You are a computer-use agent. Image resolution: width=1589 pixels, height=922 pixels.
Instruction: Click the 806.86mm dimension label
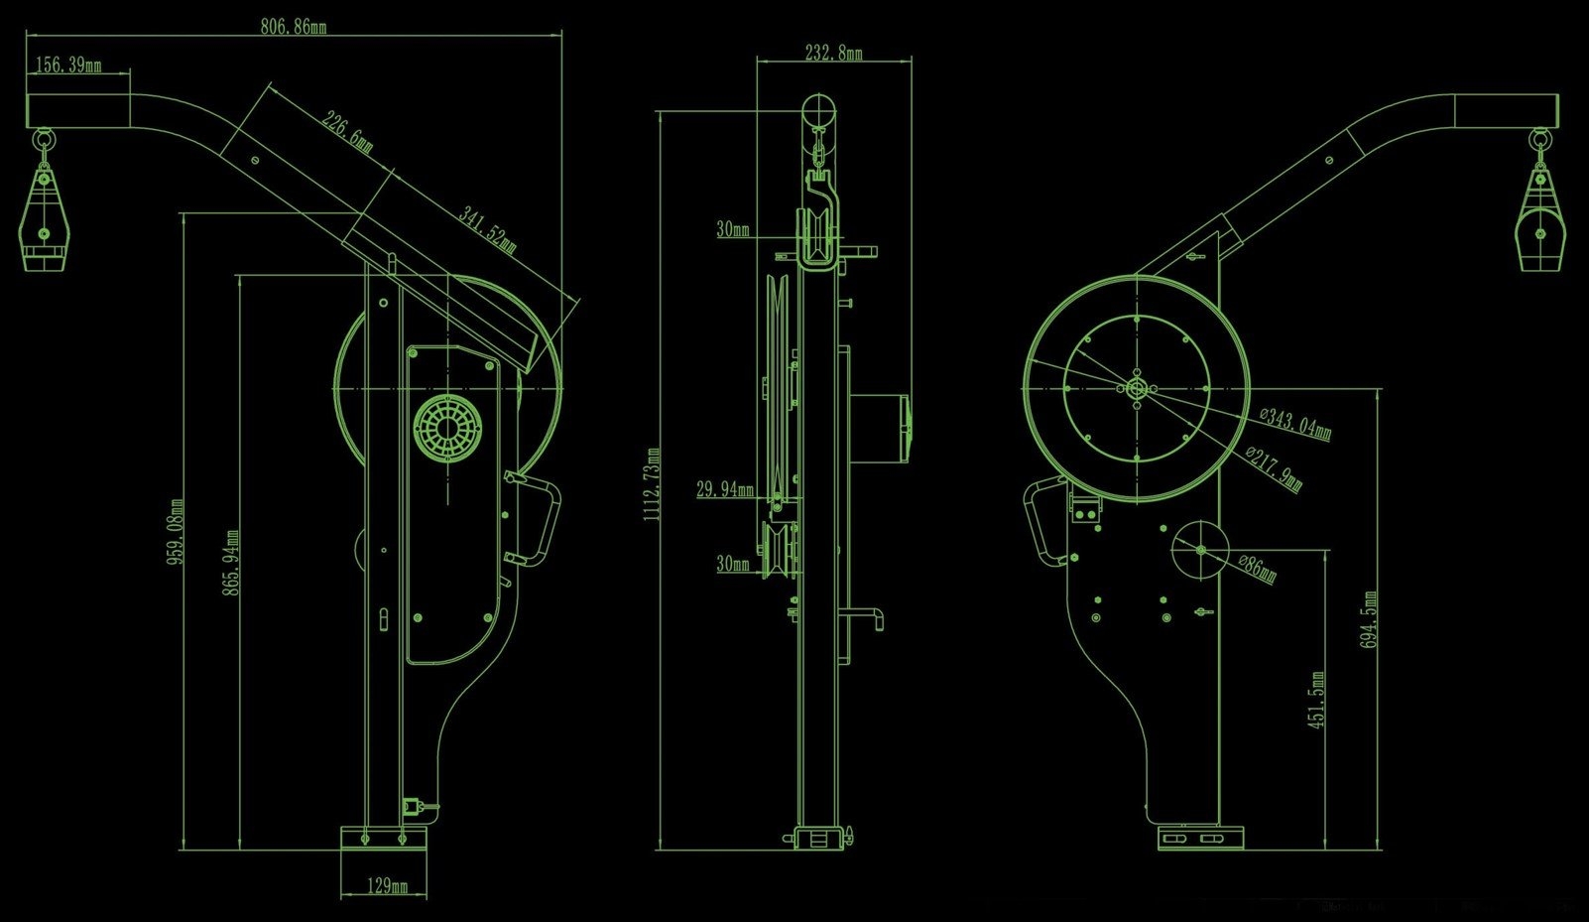(293, 27)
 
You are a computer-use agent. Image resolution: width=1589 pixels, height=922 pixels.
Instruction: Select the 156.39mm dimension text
(68, 66)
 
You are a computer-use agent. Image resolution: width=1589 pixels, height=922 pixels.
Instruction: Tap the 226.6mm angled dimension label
(347, 131)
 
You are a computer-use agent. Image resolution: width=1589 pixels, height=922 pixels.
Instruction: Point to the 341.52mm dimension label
(487, 230)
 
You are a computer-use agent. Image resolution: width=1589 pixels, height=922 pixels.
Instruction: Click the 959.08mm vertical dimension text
(176, 532)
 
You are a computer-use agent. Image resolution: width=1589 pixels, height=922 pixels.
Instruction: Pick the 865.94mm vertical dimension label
(231, 562)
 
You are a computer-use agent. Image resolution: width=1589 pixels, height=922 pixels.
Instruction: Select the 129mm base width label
(387, 886)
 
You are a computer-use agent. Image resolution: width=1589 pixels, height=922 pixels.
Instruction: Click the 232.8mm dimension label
(833, 53)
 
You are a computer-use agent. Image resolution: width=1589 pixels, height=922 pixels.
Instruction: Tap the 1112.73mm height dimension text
(652, 484)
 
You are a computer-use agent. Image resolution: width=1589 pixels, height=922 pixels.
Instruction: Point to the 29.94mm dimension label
(724, 489)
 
